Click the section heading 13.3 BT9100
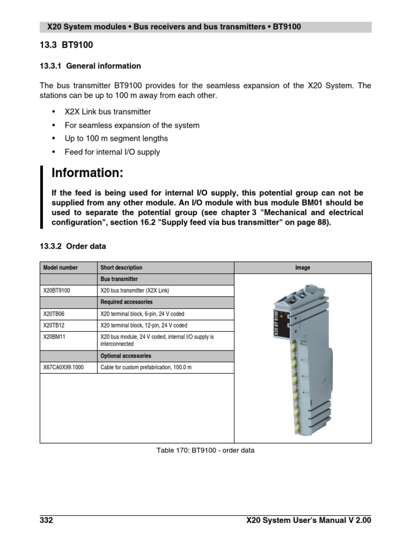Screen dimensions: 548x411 coord(62,45)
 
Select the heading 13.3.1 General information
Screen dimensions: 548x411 coord(90,66)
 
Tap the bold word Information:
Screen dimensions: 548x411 coord(87,173)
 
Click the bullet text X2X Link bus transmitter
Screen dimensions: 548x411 coord(108,112)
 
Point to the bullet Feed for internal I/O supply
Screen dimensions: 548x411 coord(112,152)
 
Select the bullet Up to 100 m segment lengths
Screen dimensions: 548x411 coord(116,139)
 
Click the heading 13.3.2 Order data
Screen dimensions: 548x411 coord(73,246)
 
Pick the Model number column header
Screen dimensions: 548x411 coord(60,268)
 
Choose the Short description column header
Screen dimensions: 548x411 coord(121,268)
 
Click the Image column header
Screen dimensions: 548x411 coord(302,268)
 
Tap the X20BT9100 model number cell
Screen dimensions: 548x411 coord(60,291)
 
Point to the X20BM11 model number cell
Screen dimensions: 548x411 coord(56,337)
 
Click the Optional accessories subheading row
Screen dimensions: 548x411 coord(126,356)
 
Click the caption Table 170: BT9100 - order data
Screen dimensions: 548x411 coord(205,451)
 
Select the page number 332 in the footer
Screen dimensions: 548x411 coord(47,520)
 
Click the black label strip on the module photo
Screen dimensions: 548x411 coord(276,324)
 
